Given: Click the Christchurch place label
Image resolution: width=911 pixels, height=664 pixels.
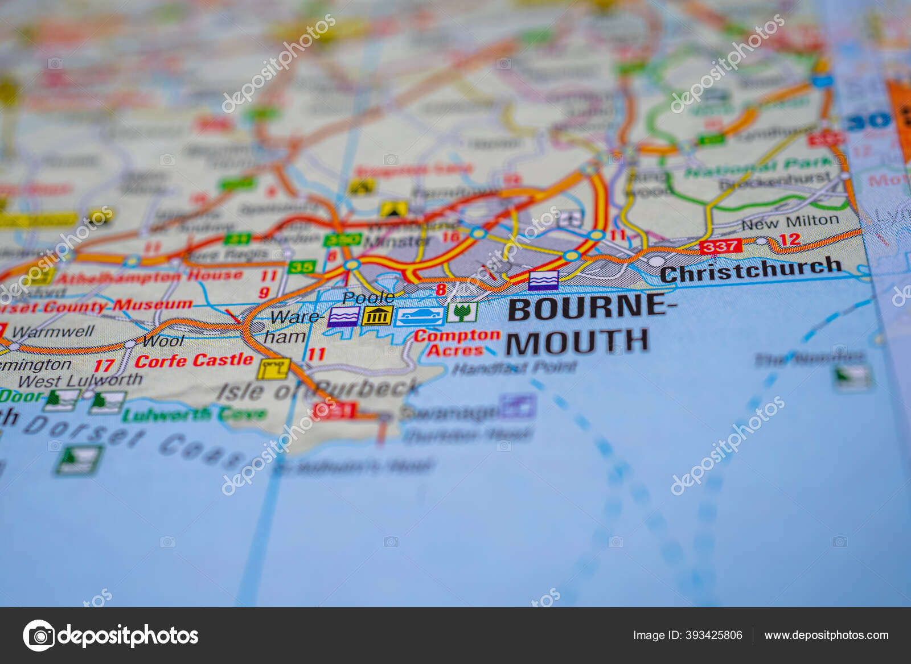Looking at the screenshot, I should tap(750, 270).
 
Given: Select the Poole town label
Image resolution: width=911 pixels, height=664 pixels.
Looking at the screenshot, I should tap(368, 298).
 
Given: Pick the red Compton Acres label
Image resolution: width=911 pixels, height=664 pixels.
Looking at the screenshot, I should tap(457, 343).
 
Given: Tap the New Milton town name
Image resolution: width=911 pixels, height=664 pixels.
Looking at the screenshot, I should tap(790, 222).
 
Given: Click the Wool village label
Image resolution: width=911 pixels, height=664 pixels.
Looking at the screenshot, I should tap(163, 341).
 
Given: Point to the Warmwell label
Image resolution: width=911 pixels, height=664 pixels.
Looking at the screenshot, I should tap(54, 331).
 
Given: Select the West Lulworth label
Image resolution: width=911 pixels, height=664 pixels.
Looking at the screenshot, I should tap(80, 380).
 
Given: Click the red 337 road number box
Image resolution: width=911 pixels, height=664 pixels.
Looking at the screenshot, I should tap(721, 246).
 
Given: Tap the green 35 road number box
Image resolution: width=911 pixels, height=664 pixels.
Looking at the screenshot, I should tap(301, 267).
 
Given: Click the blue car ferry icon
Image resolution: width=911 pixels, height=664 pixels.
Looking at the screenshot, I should tap(420, 316).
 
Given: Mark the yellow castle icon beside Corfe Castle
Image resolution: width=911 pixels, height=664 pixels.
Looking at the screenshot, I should tap(273, 369).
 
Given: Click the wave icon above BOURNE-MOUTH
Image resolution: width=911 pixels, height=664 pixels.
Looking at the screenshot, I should tap(543, 281).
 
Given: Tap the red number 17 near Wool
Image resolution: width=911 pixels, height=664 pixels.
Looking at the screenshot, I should tap(104, 365).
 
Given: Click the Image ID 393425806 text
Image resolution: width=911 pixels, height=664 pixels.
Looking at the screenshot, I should tap(687, 635).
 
